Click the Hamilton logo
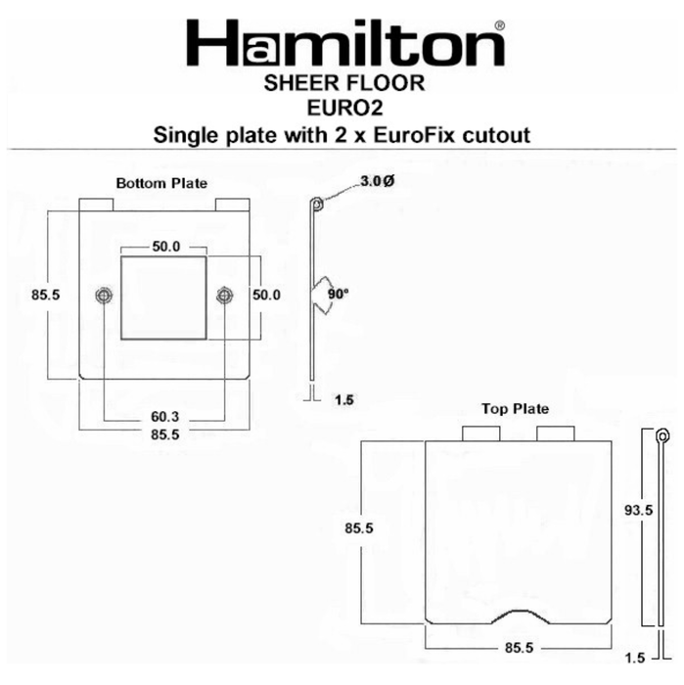click(x=345, y=43)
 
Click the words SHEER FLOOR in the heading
click(x=344, y=83)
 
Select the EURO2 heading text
click(x=345, y=108)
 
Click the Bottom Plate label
click(x=161, y=183)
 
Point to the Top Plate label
click(x=515, y=408)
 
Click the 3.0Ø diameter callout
click(x=378, y=181)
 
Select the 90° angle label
click(x=339, y=294)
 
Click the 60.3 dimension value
click(x=165, y=417)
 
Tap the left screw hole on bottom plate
click(x=104, y=296)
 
